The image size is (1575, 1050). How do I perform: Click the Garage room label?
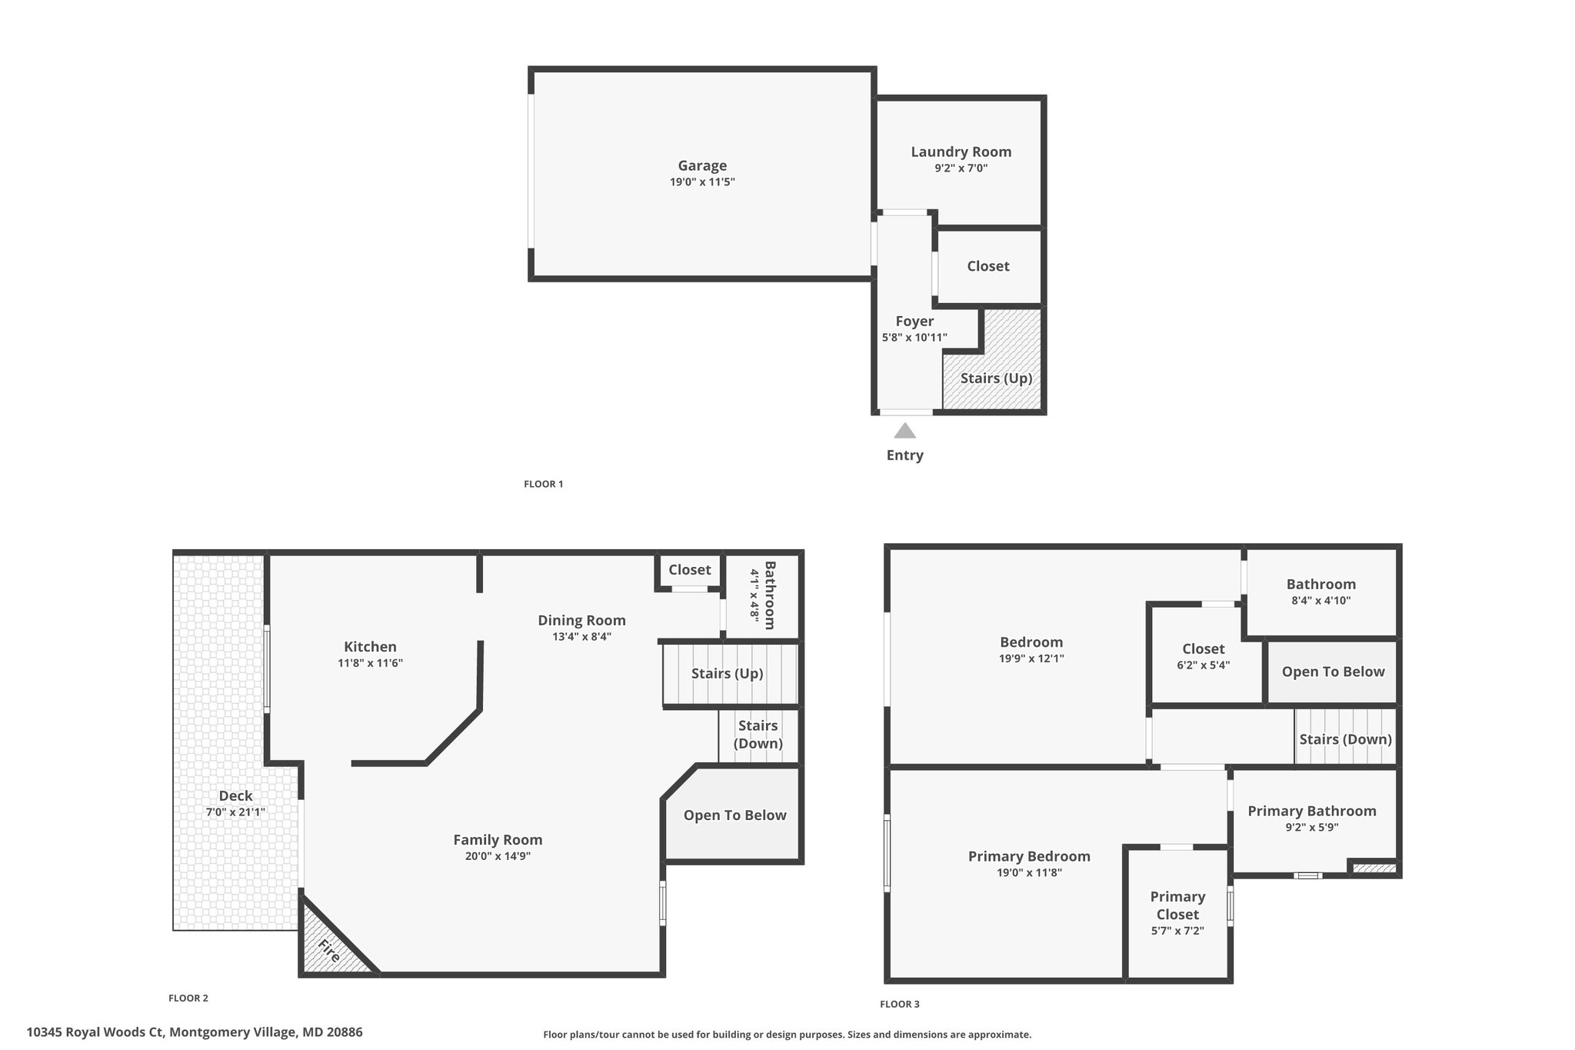pos(702,165)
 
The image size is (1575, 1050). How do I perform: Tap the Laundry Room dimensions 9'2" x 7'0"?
pos(961,168)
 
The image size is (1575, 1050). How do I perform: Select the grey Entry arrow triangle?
pos(905,431)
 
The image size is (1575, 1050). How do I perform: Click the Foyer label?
pos(914,322)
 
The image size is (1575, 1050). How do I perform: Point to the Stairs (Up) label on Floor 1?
pos(996,378)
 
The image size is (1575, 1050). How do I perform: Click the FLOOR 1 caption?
pos(544,484)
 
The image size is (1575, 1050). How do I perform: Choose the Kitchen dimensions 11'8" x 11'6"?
pos(370,663)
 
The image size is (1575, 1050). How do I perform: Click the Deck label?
pos(235,796)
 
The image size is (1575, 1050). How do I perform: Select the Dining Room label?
pos(581,620)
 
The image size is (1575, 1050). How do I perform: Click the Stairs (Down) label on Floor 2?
pos(758,735)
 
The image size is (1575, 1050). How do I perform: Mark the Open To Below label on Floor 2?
pos(734,815)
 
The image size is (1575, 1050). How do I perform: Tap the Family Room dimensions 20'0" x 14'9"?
pos(498,856)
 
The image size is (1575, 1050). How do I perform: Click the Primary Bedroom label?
pos(1029,856)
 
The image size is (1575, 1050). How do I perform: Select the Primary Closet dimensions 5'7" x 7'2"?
pos(1177,931)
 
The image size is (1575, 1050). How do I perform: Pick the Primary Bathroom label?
pos(1312,811)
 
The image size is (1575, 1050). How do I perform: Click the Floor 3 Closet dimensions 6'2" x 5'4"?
pos(1204,665)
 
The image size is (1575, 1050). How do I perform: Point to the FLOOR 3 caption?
pos(900,1004)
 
